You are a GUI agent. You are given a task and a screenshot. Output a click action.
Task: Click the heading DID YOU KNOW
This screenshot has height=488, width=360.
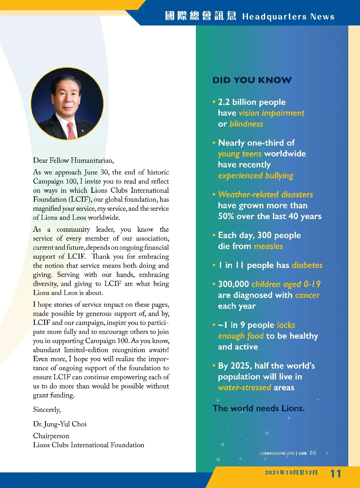tap(252, 80)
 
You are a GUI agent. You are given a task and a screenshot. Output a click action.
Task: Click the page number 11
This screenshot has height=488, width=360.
tap(335, 474)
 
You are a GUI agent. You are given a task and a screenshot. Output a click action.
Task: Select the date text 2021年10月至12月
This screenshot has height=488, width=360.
tap(291, 473)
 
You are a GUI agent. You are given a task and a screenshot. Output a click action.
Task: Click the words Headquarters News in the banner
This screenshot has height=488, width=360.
tap(288, 16)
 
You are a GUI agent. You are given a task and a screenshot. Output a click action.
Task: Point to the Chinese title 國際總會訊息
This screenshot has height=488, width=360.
tap(200, 16)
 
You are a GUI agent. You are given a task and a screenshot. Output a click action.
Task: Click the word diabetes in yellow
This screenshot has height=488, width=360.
tap(307, 265)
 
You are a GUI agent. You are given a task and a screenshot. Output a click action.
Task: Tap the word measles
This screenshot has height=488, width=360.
tap(268, 246)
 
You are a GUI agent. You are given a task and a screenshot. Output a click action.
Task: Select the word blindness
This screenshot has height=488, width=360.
tap(246, 124)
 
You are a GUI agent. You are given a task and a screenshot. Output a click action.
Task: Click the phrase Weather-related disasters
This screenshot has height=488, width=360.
tap(265, 195)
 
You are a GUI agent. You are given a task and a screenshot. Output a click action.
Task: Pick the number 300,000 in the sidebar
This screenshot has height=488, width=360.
tap(233, 284)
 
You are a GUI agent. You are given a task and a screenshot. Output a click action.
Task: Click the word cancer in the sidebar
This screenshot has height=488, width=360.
tap(307, 295)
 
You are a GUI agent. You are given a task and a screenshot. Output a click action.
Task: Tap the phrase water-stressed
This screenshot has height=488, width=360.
tap(244, 388)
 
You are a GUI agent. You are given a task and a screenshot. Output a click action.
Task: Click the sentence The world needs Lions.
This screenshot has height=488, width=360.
tap(258, 408)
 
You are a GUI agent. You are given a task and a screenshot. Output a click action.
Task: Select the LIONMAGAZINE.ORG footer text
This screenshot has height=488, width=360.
tap(277, 453)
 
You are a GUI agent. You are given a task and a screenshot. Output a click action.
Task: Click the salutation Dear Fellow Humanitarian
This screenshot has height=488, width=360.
tap(73, 160)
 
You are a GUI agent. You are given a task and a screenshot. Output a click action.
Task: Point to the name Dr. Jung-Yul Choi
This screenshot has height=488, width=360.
tap(60, 424)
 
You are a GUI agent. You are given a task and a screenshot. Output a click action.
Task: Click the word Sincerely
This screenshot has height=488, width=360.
tap(47, 409)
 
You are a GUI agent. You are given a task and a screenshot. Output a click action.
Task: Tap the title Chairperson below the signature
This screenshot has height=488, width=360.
tap(51, 436)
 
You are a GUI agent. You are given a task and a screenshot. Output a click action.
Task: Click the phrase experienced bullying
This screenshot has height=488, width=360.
tap(256, 176)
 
